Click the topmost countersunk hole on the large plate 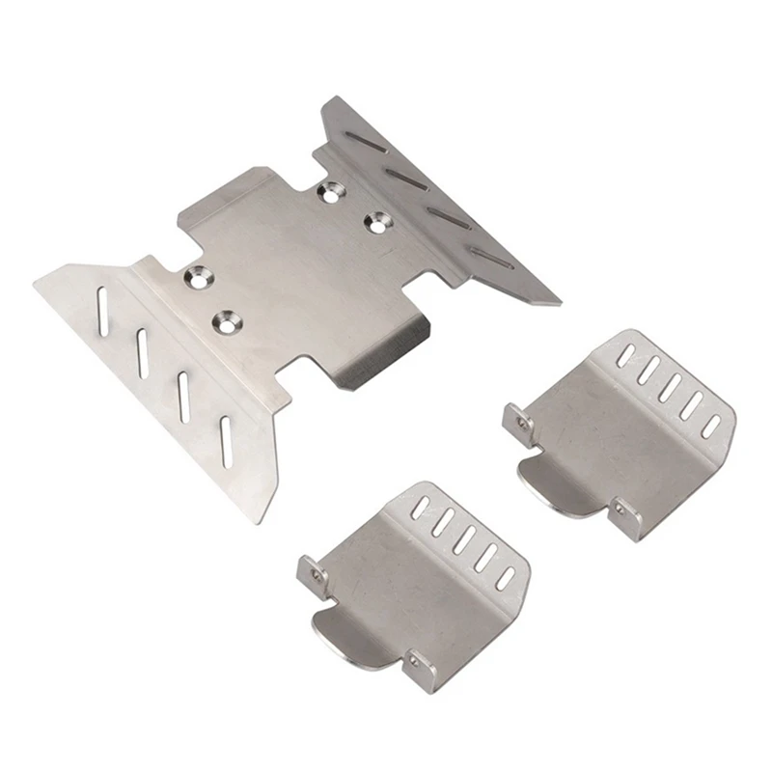click(x=334, y=191)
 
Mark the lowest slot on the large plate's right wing click(x=491, y=256)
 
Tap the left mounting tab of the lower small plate click(x=312, y=572)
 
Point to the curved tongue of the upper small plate click(x=551, y=483)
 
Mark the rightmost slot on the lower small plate click(x=505, y=576)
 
